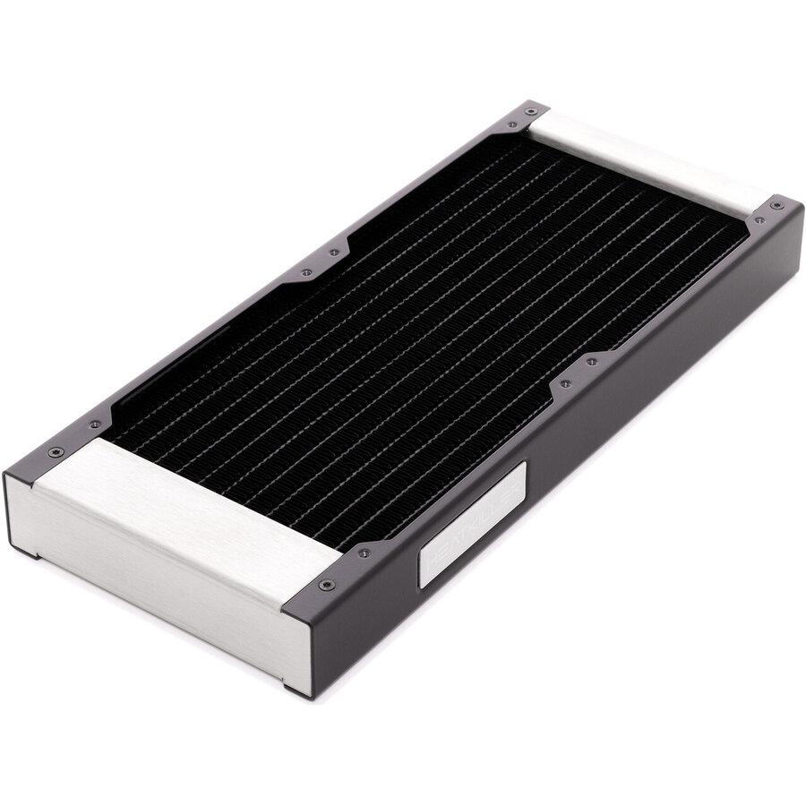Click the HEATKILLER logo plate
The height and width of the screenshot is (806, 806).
click(x=472, y=523)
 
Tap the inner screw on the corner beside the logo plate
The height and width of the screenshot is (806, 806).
click(x=363, y=553)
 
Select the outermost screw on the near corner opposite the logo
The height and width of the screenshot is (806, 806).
click(x=56, y=451)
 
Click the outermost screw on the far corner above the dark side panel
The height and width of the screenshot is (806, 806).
click(x=776, y=205)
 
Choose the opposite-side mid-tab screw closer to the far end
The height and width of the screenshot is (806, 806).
click(x=333, y=253)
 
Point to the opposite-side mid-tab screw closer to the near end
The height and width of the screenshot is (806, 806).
click(x=305, y=272)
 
